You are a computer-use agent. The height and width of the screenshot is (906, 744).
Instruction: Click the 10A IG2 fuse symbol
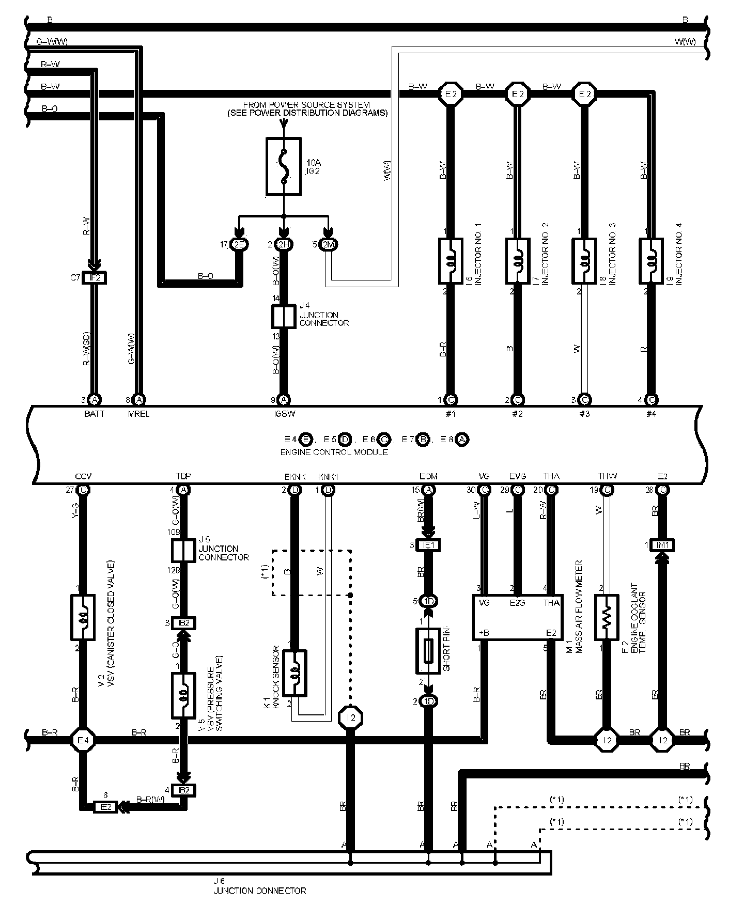coord(284,166)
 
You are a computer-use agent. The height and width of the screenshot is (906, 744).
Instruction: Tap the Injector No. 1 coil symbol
coord(450,261)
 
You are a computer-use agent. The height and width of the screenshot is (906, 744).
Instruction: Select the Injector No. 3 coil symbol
coord(584,261)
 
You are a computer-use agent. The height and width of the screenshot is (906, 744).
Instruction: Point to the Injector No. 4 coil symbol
coord(651,261)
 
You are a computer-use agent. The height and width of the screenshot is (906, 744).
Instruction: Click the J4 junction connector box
coord(283,316)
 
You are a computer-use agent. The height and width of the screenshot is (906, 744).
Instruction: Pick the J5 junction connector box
coord(183,551)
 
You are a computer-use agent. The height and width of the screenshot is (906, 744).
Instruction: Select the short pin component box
coord(428,651)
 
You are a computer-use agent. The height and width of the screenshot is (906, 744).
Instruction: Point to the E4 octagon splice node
coord(83,740)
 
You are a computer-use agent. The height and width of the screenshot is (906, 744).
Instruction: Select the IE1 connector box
coord(428,545)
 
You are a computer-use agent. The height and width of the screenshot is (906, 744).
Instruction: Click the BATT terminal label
coord(94,414)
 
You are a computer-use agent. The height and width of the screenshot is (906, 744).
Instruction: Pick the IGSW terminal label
coord(284,414)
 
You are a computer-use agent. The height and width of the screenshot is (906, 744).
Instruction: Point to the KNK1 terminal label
coord(328,476)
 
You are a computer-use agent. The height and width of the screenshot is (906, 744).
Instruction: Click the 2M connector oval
coord(328,245)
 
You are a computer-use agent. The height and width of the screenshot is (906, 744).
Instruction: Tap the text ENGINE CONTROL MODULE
coord(334,452)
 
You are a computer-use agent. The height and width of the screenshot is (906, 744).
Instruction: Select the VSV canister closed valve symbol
coord(83,617)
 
